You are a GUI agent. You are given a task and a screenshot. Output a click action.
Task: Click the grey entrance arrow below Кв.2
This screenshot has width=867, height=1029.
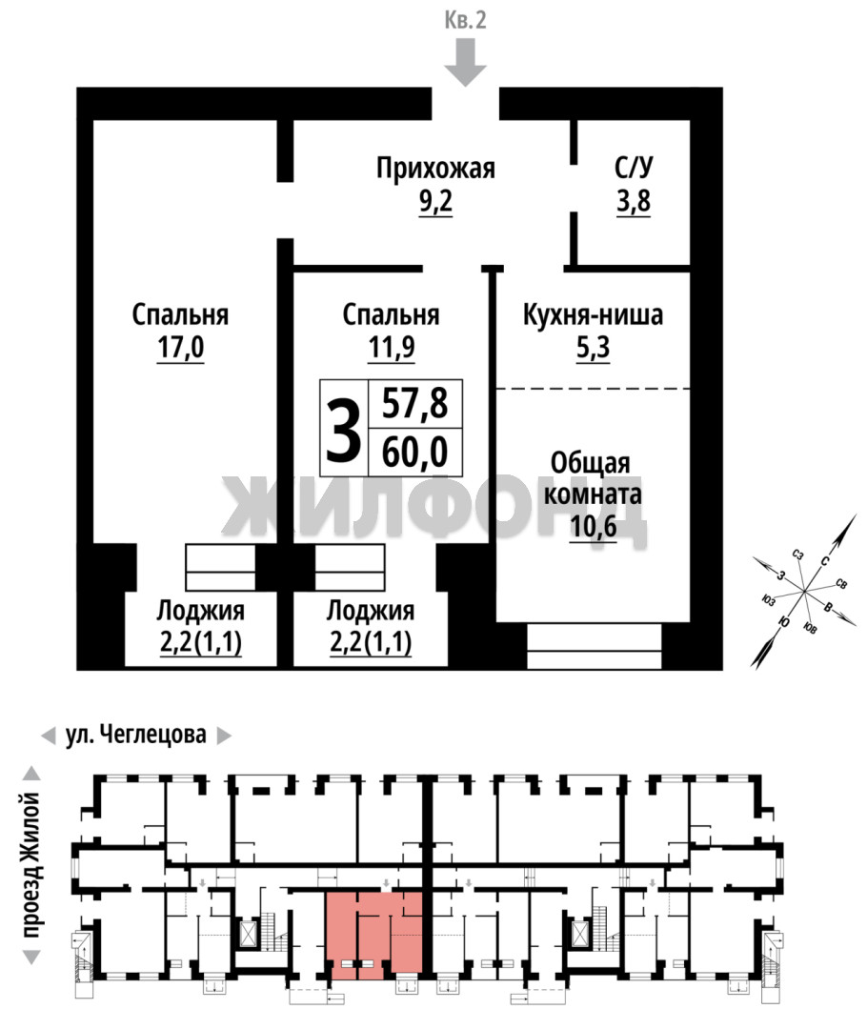pyautogui.click(x=465, y=62)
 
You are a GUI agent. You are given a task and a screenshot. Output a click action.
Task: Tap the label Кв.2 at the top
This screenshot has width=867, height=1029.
pyautogui.click(x=465, y=20)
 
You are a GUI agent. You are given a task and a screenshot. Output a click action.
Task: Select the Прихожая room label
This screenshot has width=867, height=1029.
pyautogui.click(x=435, y=169)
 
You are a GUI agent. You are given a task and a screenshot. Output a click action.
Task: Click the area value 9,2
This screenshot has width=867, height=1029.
pyautogui.click(x=435, y=201)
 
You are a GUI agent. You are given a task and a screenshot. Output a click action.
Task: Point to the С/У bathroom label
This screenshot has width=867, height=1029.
pyautogui.click(x=634, y=168)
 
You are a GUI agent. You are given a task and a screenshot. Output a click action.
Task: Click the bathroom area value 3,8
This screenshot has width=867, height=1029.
pyautogui.click(x=634, y=201)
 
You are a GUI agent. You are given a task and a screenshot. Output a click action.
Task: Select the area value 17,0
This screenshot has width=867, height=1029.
pyautogui.click(x=180, y=348)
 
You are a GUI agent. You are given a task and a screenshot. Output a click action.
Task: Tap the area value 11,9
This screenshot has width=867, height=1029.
pyautogui.click(x=392, y=348)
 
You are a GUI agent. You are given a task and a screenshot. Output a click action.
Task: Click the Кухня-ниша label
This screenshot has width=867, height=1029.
pyautogui.click(x=593, y=315)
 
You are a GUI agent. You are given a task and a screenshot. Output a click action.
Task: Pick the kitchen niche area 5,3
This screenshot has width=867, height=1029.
pyautogui.click(x=593, y=348)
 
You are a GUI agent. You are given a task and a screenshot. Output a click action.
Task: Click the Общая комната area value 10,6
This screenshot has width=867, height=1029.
pyautogui.click(x=594, y=526)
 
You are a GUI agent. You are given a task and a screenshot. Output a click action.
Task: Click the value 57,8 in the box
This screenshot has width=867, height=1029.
pyautogui.click(x=414, y=403)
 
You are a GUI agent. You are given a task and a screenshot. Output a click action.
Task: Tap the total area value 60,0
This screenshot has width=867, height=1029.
pyautogui.click(x=414, y=453)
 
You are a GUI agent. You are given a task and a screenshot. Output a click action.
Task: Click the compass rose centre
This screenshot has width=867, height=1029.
pyautogui.click(x=805, y=591)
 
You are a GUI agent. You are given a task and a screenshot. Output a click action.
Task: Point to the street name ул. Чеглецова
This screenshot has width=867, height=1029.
pyautogui.click(x=136, y=735)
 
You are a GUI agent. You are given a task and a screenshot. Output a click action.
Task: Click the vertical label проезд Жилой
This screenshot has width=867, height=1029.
pyautogui.click(x=30, y=865)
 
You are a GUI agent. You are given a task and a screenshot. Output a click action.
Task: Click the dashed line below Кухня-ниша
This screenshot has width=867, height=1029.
pyautogui.click(x=593, y=389)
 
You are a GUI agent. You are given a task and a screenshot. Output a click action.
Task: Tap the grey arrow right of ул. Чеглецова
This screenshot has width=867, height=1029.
pyautogui.click(x=224, y=736)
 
